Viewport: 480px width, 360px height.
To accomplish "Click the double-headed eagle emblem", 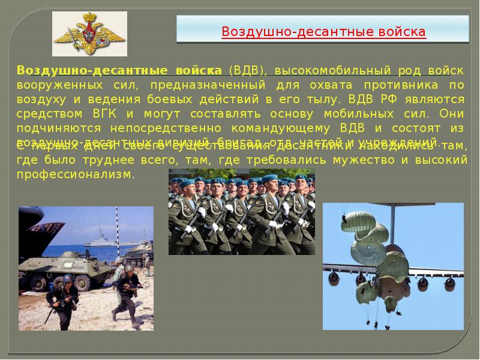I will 89,35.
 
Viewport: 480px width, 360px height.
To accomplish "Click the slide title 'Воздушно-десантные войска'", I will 324,31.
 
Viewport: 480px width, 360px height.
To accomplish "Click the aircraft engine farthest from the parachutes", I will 449,282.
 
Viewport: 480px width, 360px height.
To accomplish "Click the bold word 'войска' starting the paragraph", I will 200,70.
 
